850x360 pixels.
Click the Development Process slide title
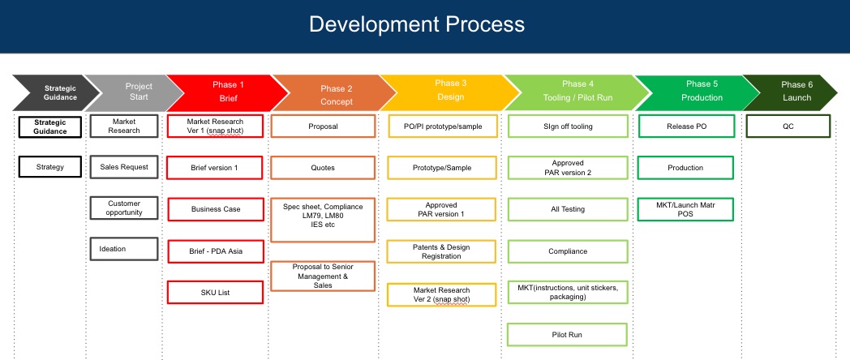tap(416, 24)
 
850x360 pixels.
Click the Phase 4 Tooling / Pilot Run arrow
tap(577, 92)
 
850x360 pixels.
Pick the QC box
tap(788, 126)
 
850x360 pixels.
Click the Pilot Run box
tap(567, 335)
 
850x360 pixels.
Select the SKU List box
tap(215, 292)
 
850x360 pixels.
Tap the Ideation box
tap(124, 249)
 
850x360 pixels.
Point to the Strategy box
tap(49, 167)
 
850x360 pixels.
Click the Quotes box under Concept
tap(323, 168)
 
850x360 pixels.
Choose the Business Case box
tap(215, 209)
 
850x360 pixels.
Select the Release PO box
tap(686, 126)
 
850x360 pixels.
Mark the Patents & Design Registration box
tap(441, 251)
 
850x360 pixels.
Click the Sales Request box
tap(124, 167)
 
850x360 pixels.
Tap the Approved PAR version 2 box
tap(567, 168)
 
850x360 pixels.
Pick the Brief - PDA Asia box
tap(215, 251)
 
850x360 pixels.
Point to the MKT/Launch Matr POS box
tap(685, 209)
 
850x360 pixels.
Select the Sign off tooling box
tap(567, 126)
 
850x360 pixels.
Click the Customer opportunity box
tap(124, 208)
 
